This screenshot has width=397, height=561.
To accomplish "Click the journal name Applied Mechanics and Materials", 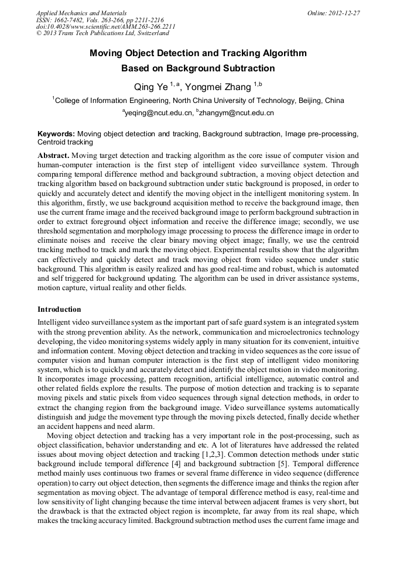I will tap(81, 13).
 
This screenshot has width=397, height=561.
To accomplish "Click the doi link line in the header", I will tap(105, 27).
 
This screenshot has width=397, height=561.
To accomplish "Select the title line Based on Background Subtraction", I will tap(198, 68).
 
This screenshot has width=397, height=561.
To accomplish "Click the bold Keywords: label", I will tap(56, 134).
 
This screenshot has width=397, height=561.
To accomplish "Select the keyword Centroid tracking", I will tap(65, 142).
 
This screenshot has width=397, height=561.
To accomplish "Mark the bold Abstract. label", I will tap(54, 156).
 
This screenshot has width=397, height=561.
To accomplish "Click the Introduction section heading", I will tap(59, 309).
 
